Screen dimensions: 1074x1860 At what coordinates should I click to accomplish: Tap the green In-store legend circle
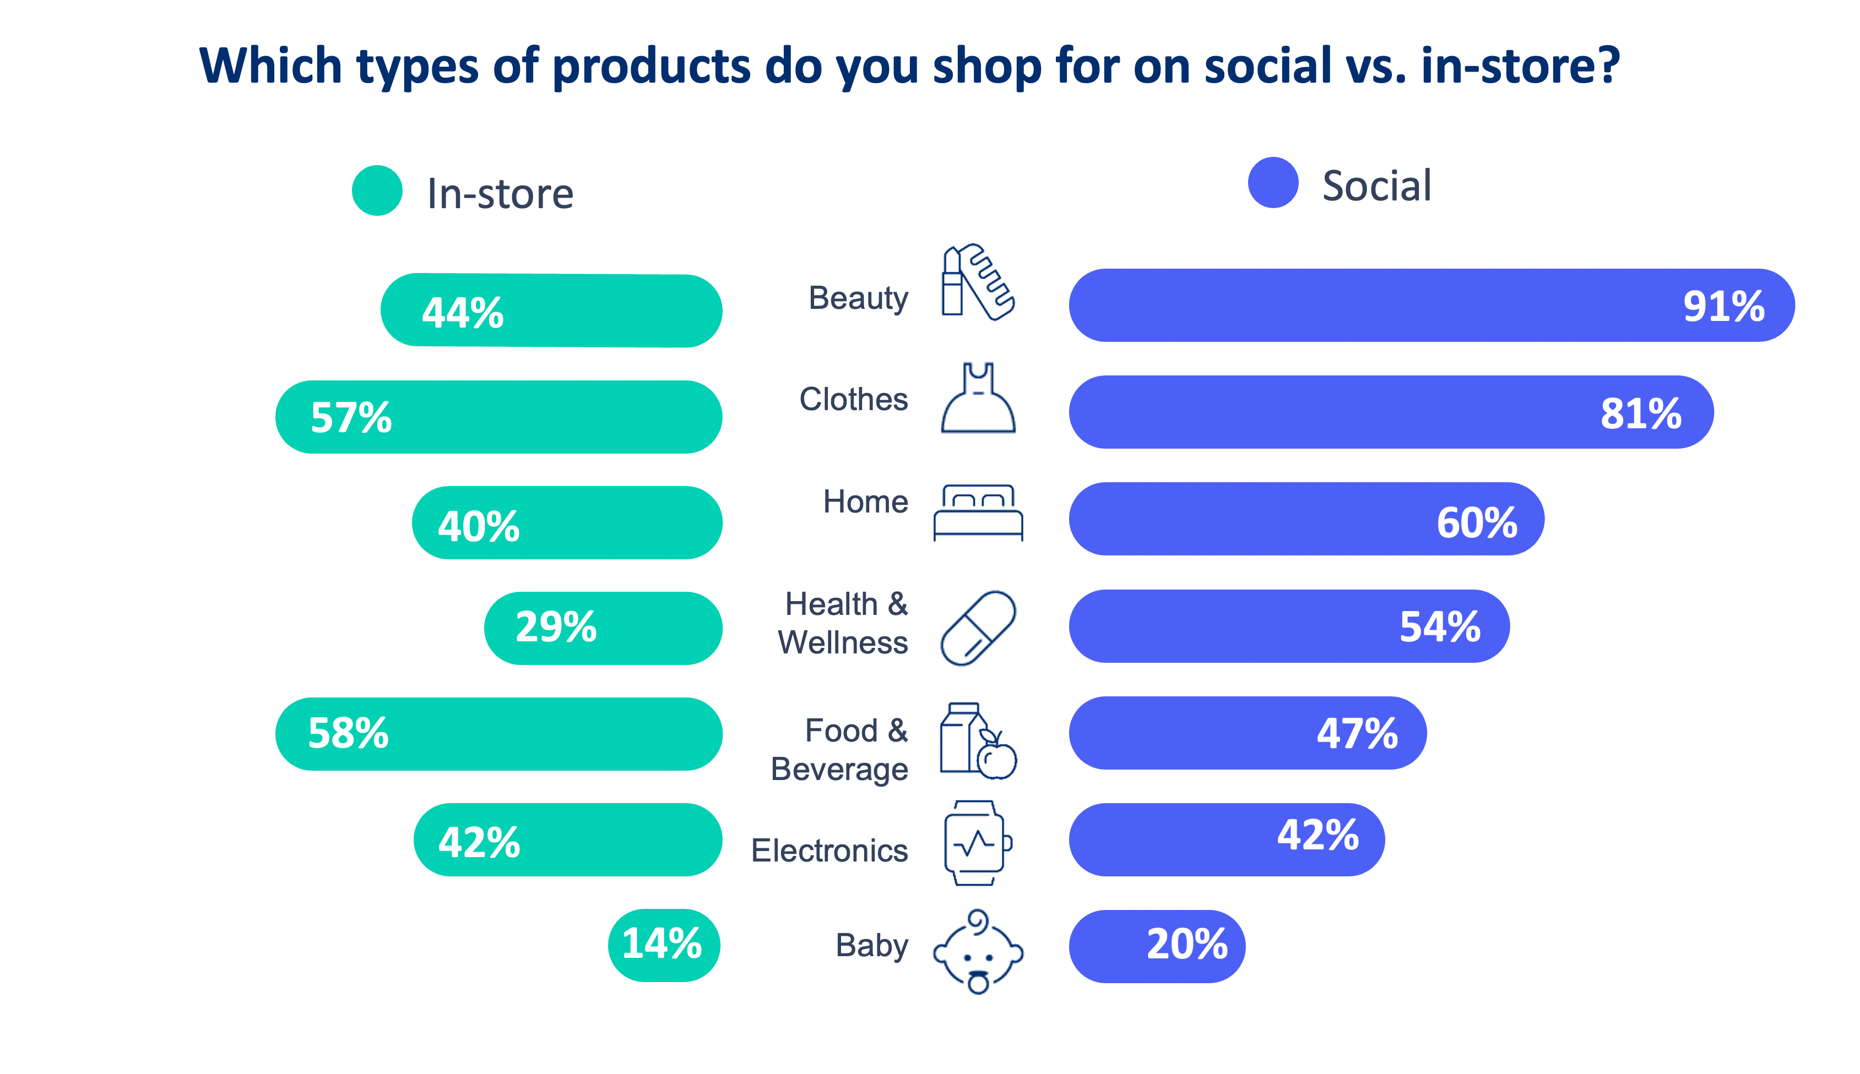377,190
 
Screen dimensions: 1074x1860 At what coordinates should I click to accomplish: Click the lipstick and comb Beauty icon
977,282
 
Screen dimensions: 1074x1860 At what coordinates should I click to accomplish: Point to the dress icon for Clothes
978,399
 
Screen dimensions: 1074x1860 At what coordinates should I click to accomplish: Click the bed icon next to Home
978,512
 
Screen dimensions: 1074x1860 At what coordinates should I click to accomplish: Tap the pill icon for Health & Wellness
978,628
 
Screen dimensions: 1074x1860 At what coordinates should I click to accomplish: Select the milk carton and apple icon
978,740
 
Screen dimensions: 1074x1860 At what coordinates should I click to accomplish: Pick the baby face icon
978,952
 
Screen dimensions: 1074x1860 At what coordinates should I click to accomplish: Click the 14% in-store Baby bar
663,945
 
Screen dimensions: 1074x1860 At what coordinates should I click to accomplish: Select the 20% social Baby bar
1156,946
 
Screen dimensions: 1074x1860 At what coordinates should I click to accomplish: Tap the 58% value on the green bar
348,733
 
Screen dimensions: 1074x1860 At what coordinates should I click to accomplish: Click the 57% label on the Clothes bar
350,417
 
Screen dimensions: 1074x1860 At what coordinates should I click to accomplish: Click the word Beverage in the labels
839,770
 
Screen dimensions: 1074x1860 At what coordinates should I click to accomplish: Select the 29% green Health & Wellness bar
602,628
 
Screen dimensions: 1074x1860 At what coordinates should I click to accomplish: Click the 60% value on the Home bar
1476,522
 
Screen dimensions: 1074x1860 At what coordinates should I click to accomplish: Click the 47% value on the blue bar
1356,733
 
